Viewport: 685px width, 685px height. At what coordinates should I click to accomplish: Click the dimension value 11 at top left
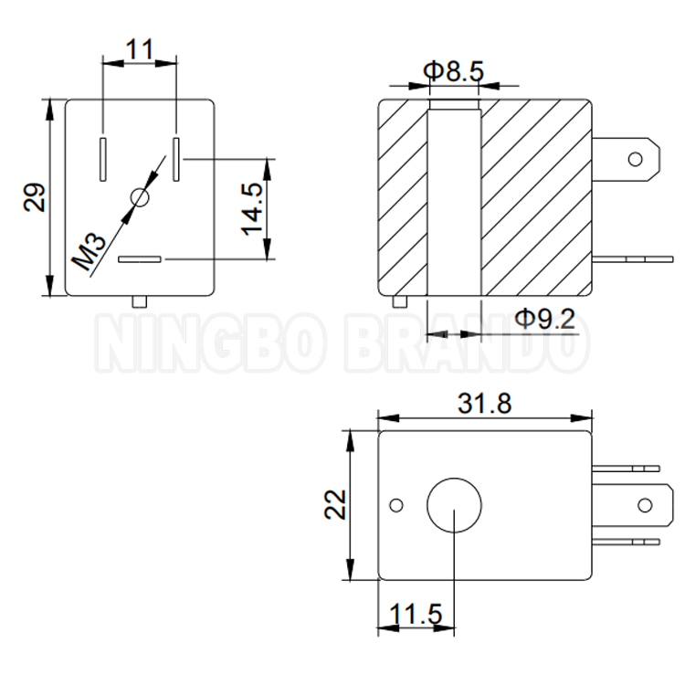point(140,49)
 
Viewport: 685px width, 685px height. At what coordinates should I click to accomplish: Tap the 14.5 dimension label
point(253,208)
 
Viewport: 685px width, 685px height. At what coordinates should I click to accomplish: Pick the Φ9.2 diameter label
point(544,319)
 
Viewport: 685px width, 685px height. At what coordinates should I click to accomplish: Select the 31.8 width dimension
point(484,403)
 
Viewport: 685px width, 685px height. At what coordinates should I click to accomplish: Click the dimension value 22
point(338,504)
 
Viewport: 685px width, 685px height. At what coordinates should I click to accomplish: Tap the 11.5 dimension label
point(414,615)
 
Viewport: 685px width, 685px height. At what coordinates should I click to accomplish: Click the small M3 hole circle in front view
point(140,197)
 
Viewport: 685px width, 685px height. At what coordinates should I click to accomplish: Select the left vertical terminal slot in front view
point(104,156)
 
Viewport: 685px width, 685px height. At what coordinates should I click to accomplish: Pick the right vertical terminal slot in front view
point(176,156)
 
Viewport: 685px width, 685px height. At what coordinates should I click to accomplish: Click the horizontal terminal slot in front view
point(141,260)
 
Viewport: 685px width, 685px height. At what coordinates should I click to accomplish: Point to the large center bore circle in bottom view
point(454,505)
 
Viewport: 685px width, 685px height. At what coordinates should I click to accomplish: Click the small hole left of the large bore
point(395,505)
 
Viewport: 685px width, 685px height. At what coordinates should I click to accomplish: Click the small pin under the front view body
point(140,300)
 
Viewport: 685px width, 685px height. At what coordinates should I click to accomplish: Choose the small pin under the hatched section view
point(397,301)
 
